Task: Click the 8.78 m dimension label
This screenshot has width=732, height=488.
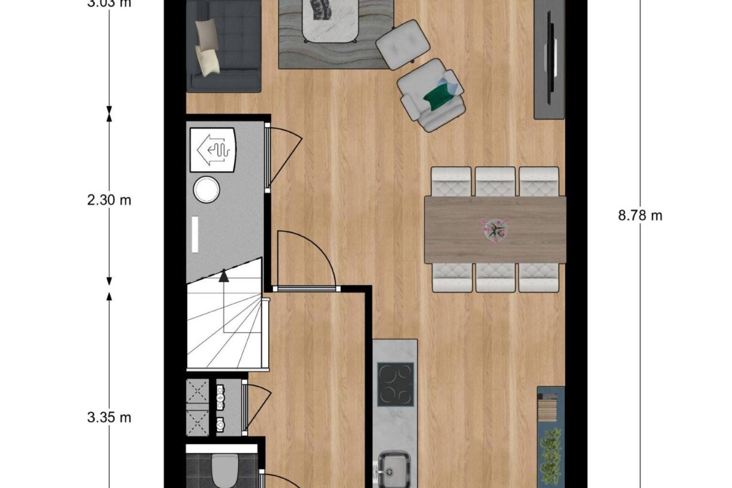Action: click(640, 215)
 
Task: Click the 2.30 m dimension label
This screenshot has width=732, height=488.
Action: click(109, 200)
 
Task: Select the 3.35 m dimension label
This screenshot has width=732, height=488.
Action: click(109, 417)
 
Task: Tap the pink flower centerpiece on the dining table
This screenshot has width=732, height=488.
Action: click(494, 229)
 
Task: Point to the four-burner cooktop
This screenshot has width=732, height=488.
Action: click(395, 384)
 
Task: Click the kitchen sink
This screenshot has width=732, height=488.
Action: click(394, 468)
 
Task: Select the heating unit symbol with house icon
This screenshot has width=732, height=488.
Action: click(213, 149)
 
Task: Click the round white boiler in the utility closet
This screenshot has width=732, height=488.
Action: click(206, 190)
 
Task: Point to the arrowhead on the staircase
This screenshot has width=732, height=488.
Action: click(224, 276)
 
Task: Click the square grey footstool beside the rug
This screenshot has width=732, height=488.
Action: click(403, 44)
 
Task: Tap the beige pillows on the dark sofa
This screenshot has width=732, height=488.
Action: click(206, 47)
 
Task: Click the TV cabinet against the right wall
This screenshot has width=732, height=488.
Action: click(550, 58)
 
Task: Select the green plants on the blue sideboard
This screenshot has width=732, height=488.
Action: click(550, 454)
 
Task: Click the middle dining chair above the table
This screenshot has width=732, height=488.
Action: click(495, 181)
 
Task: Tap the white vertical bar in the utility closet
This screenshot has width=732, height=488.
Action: click(194, 235)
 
